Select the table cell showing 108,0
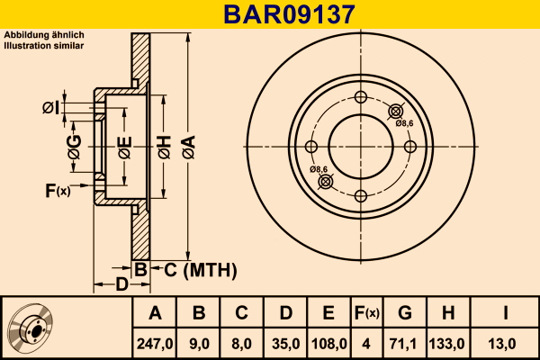(x=328, y=343)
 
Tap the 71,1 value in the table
(x=405, y=343)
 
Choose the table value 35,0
(x=284, y=343)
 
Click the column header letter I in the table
(x=506, y=314)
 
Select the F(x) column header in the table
(x=365, y=314)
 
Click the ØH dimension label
(x=164, y=143)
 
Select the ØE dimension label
(x=125, y=143)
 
